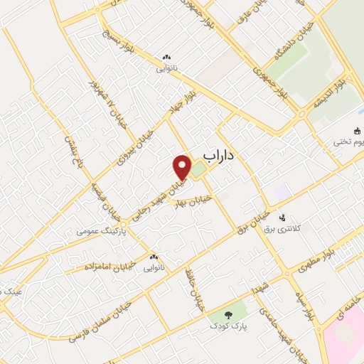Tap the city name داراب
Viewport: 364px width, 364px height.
[219, 154]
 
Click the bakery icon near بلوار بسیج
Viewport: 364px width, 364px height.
[166, 58]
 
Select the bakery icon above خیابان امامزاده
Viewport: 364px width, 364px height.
[154, 257]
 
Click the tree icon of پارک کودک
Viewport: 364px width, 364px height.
[229, 314]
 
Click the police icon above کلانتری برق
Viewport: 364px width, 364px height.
[284, 218]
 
